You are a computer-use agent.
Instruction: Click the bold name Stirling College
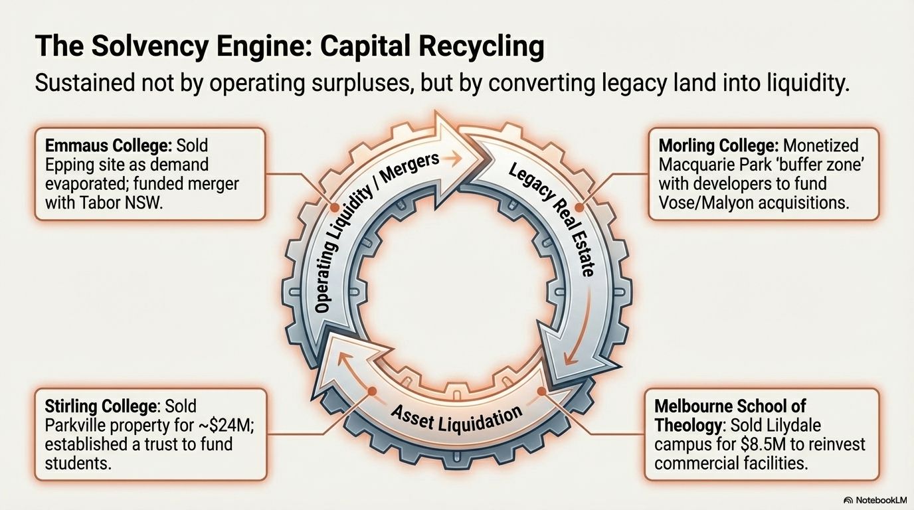coord(102,405)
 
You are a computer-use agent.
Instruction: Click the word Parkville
coord(75,424)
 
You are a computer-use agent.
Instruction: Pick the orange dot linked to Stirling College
coord(371,392)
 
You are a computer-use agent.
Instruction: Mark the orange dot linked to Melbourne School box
coord(542,392)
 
